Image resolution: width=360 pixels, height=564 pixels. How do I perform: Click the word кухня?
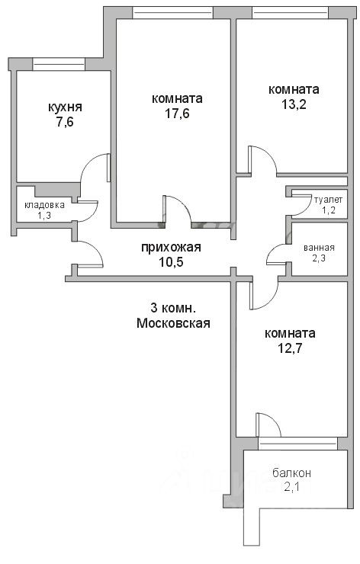65,107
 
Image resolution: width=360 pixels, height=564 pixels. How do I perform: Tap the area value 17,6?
177,114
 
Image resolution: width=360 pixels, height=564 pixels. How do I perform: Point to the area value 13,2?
294,104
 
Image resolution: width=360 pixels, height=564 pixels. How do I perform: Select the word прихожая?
171,248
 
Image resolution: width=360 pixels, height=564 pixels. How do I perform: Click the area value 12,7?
290,348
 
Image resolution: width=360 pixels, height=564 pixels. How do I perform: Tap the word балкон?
292,473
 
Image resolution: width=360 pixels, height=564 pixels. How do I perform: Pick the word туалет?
328,200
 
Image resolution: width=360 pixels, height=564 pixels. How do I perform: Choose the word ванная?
320,248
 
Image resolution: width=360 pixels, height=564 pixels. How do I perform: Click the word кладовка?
45,205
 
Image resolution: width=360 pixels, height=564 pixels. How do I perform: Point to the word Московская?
174,323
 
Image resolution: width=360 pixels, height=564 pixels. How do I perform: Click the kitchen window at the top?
59,64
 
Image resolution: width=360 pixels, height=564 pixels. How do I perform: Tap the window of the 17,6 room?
173,13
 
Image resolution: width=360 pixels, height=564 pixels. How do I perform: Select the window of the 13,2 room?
290,13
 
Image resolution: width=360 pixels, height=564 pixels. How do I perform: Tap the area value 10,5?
171,262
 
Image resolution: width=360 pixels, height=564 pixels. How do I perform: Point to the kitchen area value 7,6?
65,122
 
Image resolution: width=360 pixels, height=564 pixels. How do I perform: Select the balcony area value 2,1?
292,487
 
